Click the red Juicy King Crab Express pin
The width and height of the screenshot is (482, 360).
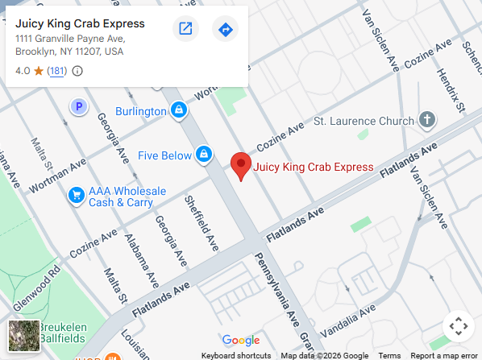(x=240, y=164)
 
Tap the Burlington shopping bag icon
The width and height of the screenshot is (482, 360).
(x=179, y=110)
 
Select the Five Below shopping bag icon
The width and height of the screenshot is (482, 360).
(x=205, y=155)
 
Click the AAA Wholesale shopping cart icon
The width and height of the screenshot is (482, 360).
(x=77, y=195)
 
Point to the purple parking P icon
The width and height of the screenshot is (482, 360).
(x=78, y=106)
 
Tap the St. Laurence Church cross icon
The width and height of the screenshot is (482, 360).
(x=427, y=121)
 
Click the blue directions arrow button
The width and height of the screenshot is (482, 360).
(x=225, y=30)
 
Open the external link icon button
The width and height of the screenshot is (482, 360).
(x=185, y=30)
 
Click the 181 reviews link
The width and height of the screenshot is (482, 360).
(x=56, y=71)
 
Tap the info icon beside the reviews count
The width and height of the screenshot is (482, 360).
(x=77, y=71)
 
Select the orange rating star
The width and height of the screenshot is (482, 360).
(x=38, y=71)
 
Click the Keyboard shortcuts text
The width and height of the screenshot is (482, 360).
(x=235, y=355)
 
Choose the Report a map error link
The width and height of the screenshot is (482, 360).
(x=443, y=355)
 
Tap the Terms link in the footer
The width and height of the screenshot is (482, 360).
(x=389, y=355)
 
